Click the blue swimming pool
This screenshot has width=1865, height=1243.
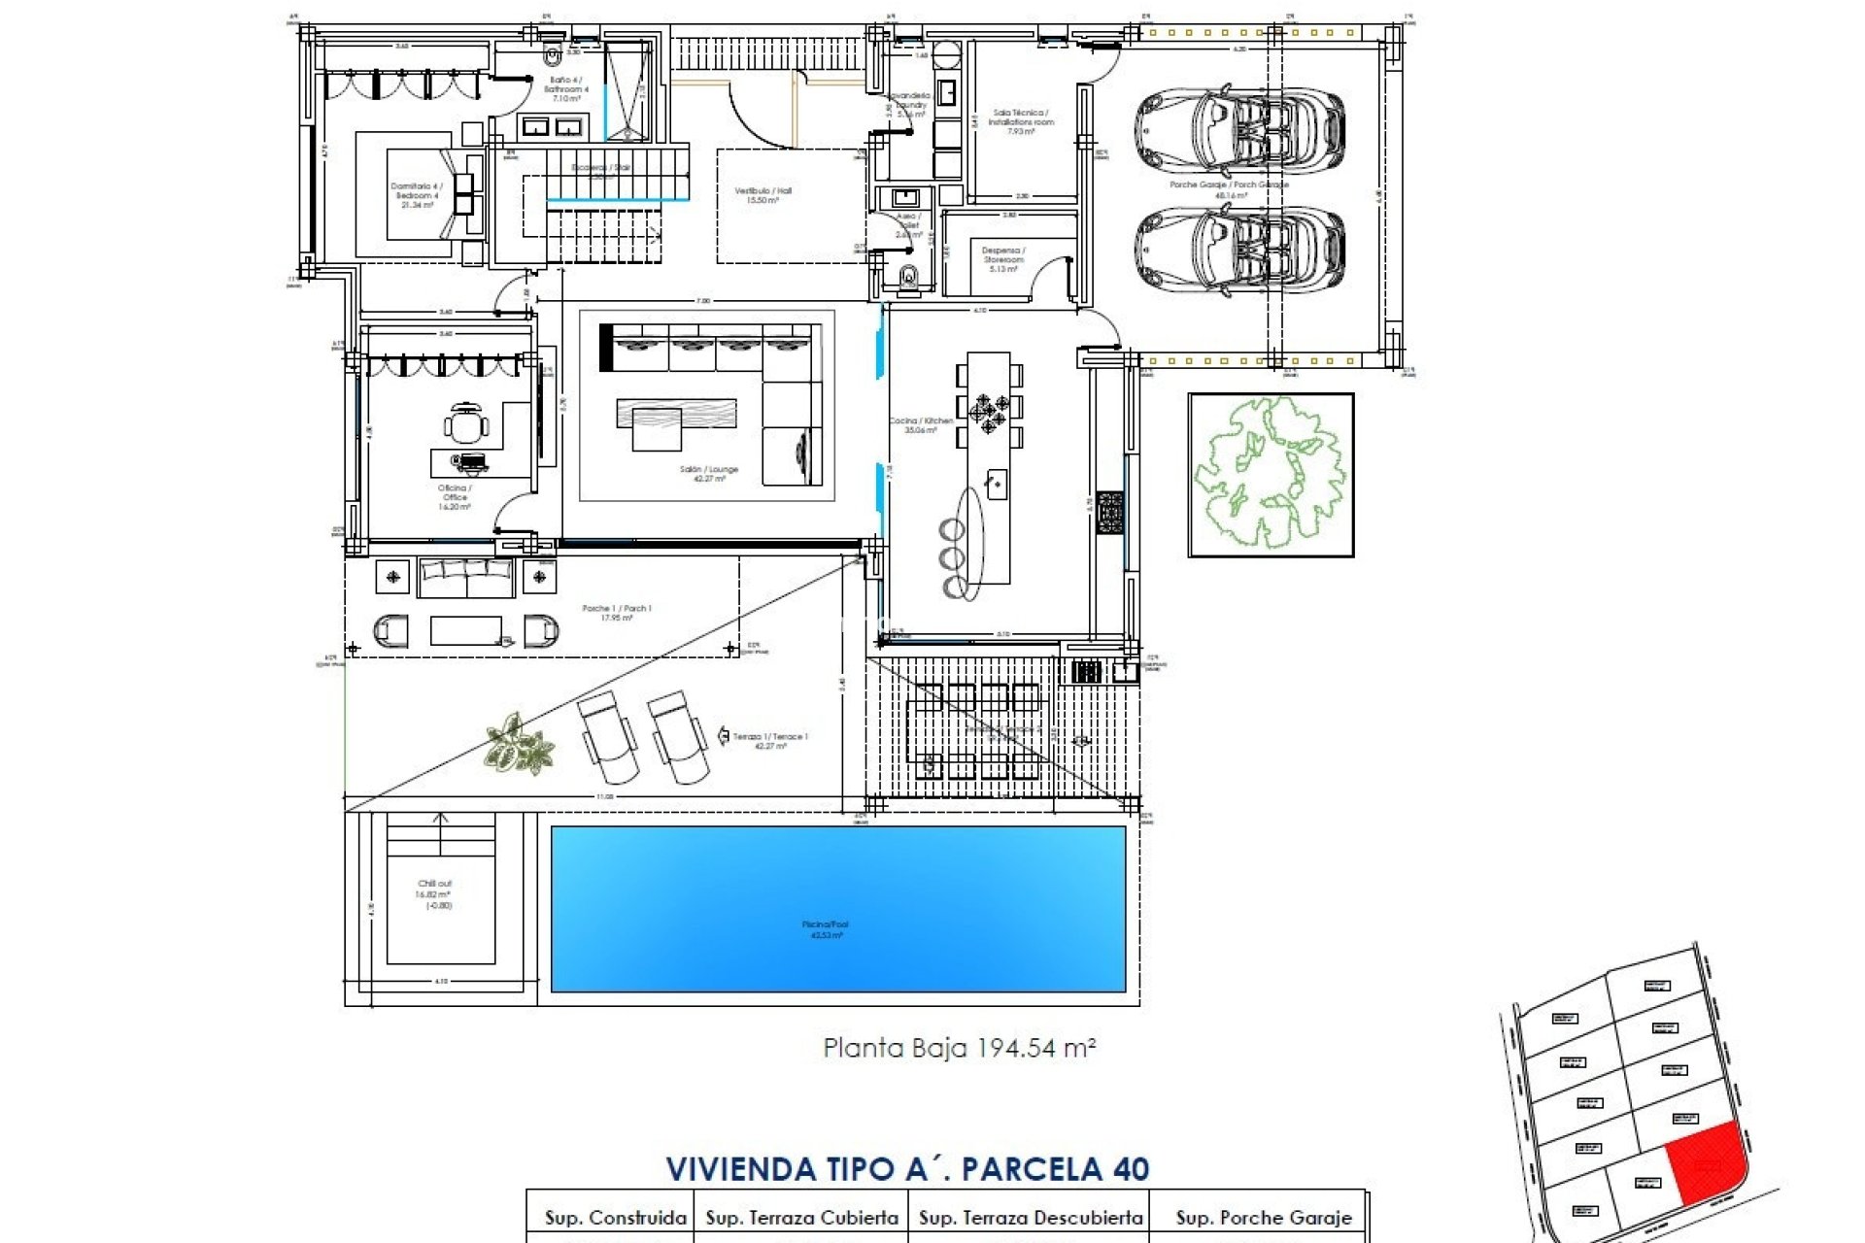(837, 908)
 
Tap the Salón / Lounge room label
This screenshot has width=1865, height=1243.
(709, 474)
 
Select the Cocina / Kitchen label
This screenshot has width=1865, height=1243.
(921, 425)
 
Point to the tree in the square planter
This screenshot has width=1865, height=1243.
(1270, 473)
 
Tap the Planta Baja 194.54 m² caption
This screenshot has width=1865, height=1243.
(960, 1048)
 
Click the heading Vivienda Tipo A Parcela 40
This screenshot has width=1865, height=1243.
(907, 1168)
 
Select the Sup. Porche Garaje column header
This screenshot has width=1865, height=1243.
(1263, 1218)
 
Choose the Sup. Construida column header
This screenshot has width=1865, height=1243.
(615, 1218)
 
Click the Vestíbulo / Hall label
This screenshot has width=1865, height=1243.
(763, 195)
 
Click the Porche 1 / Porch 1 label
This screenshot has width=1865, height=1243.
(617, 613)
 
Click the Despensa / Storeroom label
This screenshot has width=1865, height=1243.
(1003, 259)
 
